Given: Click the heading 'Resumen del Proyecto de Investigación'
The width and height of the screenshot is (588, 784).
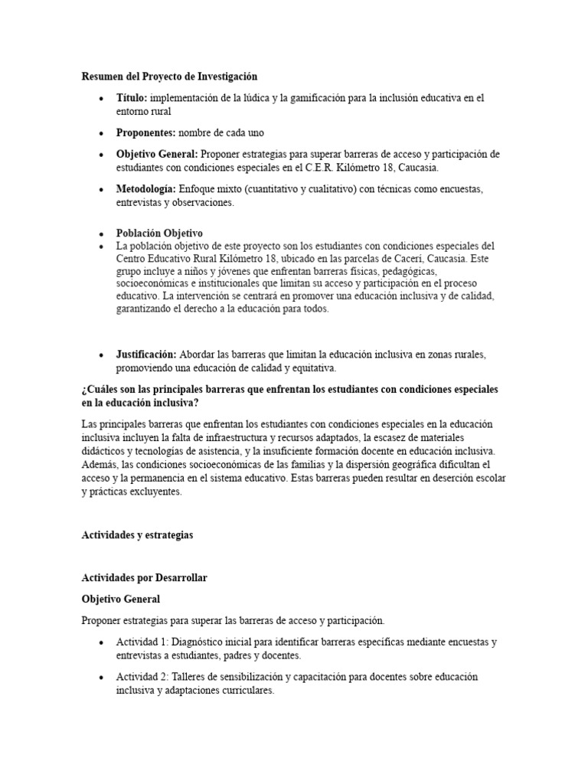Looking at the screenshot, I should coord(169,77).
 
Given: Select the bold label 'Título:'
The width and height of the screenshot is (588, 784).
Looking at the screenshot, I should coord(132,98).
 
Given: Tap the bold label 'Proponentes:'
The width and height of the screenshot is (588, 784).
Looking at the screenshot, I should coord(146,132).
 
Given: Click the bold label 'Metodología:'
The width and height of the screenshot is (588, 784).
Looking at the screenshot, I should coord(145,189).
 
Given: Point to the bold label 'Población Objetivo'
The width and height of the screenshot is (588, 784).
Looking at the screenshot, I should coord(159,233).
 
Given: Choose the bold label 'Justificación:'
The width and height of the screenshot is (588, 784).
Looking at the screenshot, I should coord(146,354).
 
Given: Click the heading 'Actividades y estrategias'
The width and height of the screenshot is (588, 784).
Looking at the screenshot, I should coord(138,535).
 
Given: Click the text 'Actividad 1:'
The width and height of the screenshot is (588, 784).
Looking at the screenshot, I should coord(142,642).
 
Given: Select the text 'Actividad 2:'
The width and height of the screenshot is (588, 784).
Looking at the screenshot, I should coord(142,678).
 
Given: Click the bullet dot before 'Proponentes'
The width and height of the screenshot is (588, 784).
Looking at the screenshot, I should coord(102,133).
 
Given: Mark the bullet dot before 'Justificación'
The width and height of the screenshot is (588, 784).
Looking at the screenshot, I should coord(102,355).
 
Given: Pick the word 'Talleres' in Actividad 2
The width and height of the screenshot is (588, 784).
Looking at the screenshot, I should coord(189,678).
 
